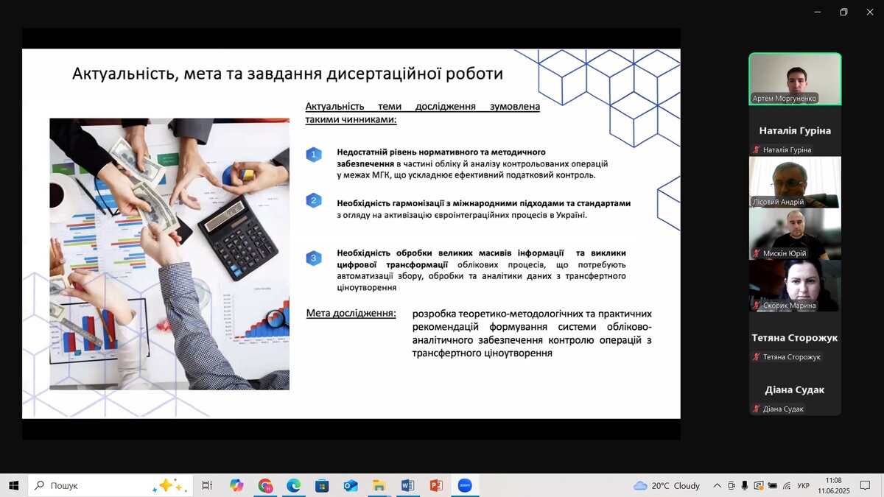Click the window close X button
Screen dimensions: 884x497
point(870,13)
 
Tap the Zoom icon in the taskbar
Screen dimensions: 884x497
point(465,485)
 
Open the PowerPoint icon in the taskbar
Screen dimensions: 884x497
point(436,485)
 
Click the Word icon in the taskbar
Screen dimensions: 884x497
point(407,485)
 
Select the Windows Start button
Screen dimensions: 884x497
point(13,485)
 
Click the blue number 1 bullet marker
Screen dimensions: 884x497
point(314,155)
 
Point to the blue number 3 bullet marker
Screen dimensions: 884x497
point(314,258)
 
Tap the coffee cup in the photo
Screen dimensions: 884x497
point(63,196)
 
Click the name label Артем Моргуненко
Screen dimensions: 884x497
point(784,98)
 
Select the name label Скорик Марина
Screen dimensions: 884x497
point(789,306)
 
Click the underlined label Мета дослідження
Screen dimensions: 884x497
point(351,313)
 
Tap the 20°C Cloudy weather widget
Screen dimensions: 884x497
point(667,485)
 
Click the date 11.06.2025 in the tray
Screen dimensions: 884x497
point(833,491)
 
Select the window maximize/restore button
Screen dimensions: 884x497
point(843,13)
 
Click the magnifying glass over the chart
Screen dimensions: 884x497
point(277,318)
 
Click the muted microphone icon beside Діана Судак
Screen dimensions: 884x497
point(756,409)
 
